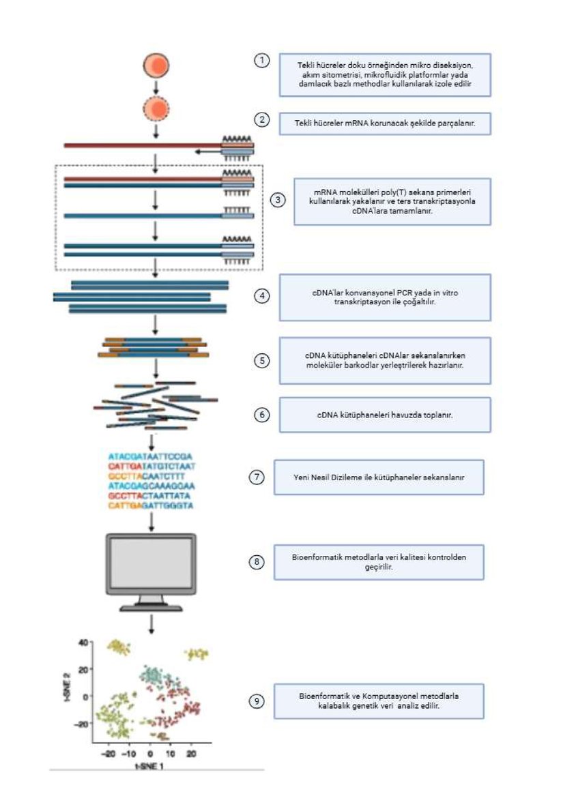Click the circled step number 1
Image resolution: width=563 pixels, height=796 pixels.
coord(261,61)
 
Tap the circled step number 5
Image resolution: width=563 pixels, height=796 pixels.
coord(261,361)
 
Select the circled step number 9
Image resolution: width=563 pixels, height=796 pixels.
coord(256,701)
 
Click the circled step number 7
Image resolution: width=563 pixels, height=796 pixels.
coord(256,477)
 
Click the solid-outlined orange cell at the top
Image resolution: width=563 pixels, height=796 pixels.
coord(156,66)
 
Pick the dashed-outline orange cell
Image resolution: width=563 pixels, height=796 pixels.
coord(156,108)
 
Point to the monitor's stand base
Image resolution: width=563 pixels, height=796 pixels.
coord(151,607)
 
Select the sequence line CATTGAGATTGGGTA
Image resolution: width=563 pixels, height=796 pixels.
coord(151,505)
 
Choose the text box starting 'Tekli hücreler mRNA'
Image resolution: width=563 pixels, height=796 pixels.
coord(384,123)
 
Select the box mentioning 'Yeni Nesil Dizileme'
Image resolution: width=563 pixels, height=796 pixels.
coord(379,477)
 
